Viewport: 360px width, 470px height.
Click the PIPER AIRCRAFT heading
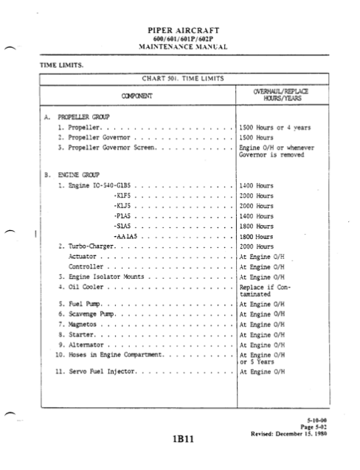click(180, 32)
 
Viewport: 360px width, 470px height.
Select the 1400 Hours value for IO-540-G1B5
click(257, 187)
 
